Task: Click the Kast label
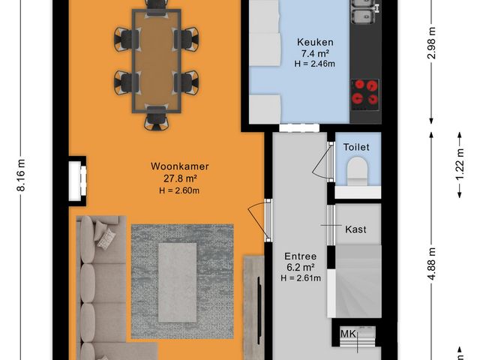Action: click(x=355, y=229)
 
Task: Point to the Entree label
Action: click(x=300, y=256)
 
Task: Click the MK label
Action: click(x=347, y=334)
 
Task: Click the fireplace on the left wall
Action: click(x=77, y=179)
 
